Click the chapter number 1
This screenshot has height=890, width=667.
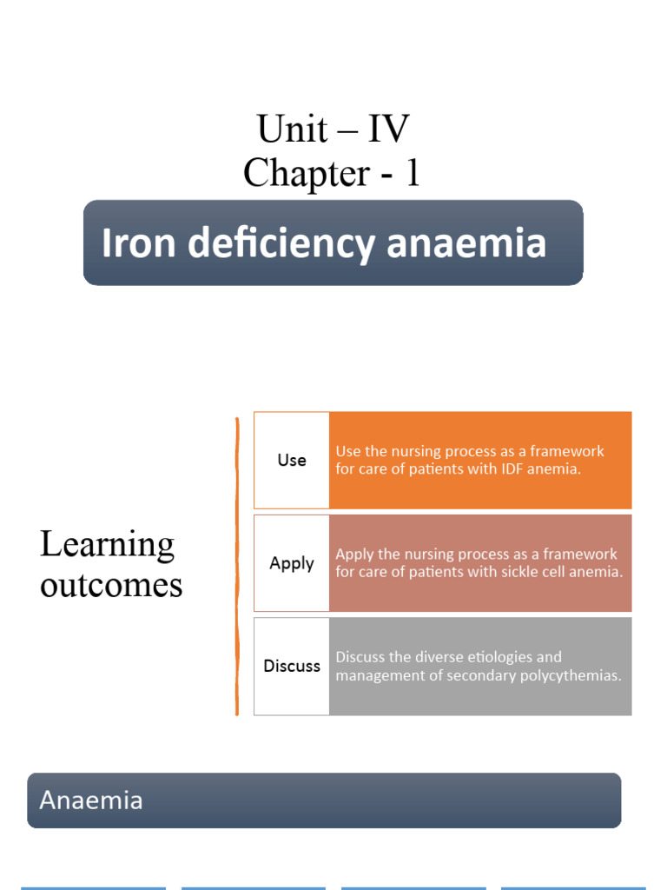pos(413,173)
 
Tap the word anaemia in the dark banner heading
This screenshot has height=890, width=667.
pos(466,243)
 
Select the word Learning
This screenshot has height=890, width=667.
pos(107,546)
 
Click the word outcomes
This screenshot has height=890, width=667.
pos(111,585)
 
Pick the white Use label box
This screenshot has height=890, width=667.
pos(292,460)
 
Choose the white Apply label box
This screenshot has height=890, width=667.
pos(292,563)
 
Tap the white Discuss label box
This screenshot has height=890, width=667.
pos(292,666)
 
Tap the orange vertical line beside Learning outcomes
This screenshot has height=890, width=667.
pos(237,565)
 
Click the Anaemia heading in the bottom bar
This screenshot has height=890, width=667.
pos(91,800)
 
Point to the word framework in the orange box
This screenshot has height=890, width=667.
pos(571,451)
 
